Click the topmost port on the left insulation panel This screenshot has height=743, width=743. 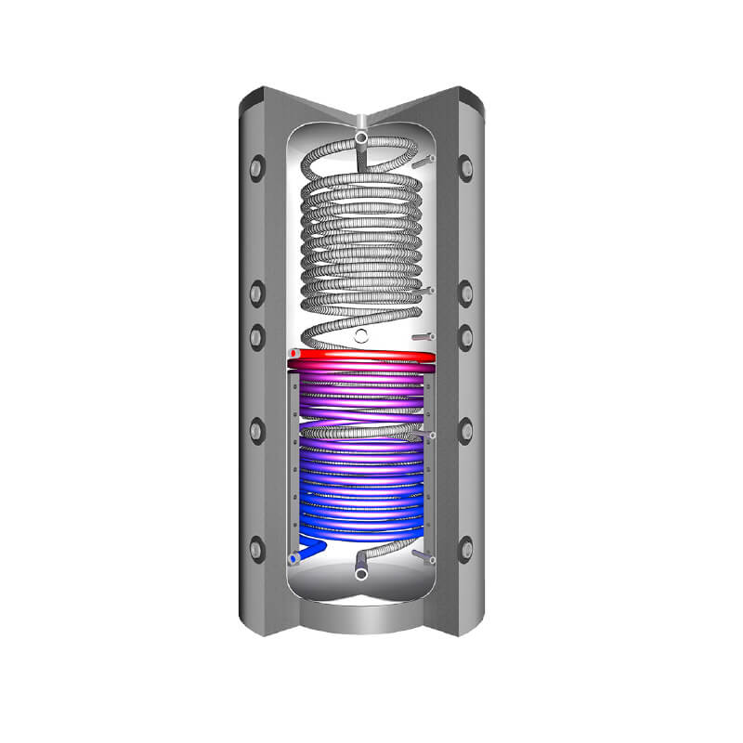click(257, 168)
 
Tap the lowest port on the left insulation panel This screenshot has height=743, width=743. click(256, 548)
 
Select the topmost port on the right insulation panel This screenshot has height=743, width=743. click(466, 168)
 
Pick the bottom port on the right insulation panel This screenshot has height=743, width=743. click(466, 548)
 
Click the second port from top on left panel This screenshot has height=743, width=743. click(257, 294)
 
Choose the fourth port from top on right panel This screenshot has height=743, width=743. click(466, 430)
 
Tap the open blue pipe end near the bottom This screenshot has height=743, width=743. click(294, 560)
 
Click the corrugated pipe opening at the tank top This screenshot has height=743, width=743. click(360, 140)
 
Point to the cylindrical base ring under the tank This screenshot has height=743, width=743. click(362, 617)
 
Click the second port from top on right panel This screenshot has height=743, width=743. click(466, 294)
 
